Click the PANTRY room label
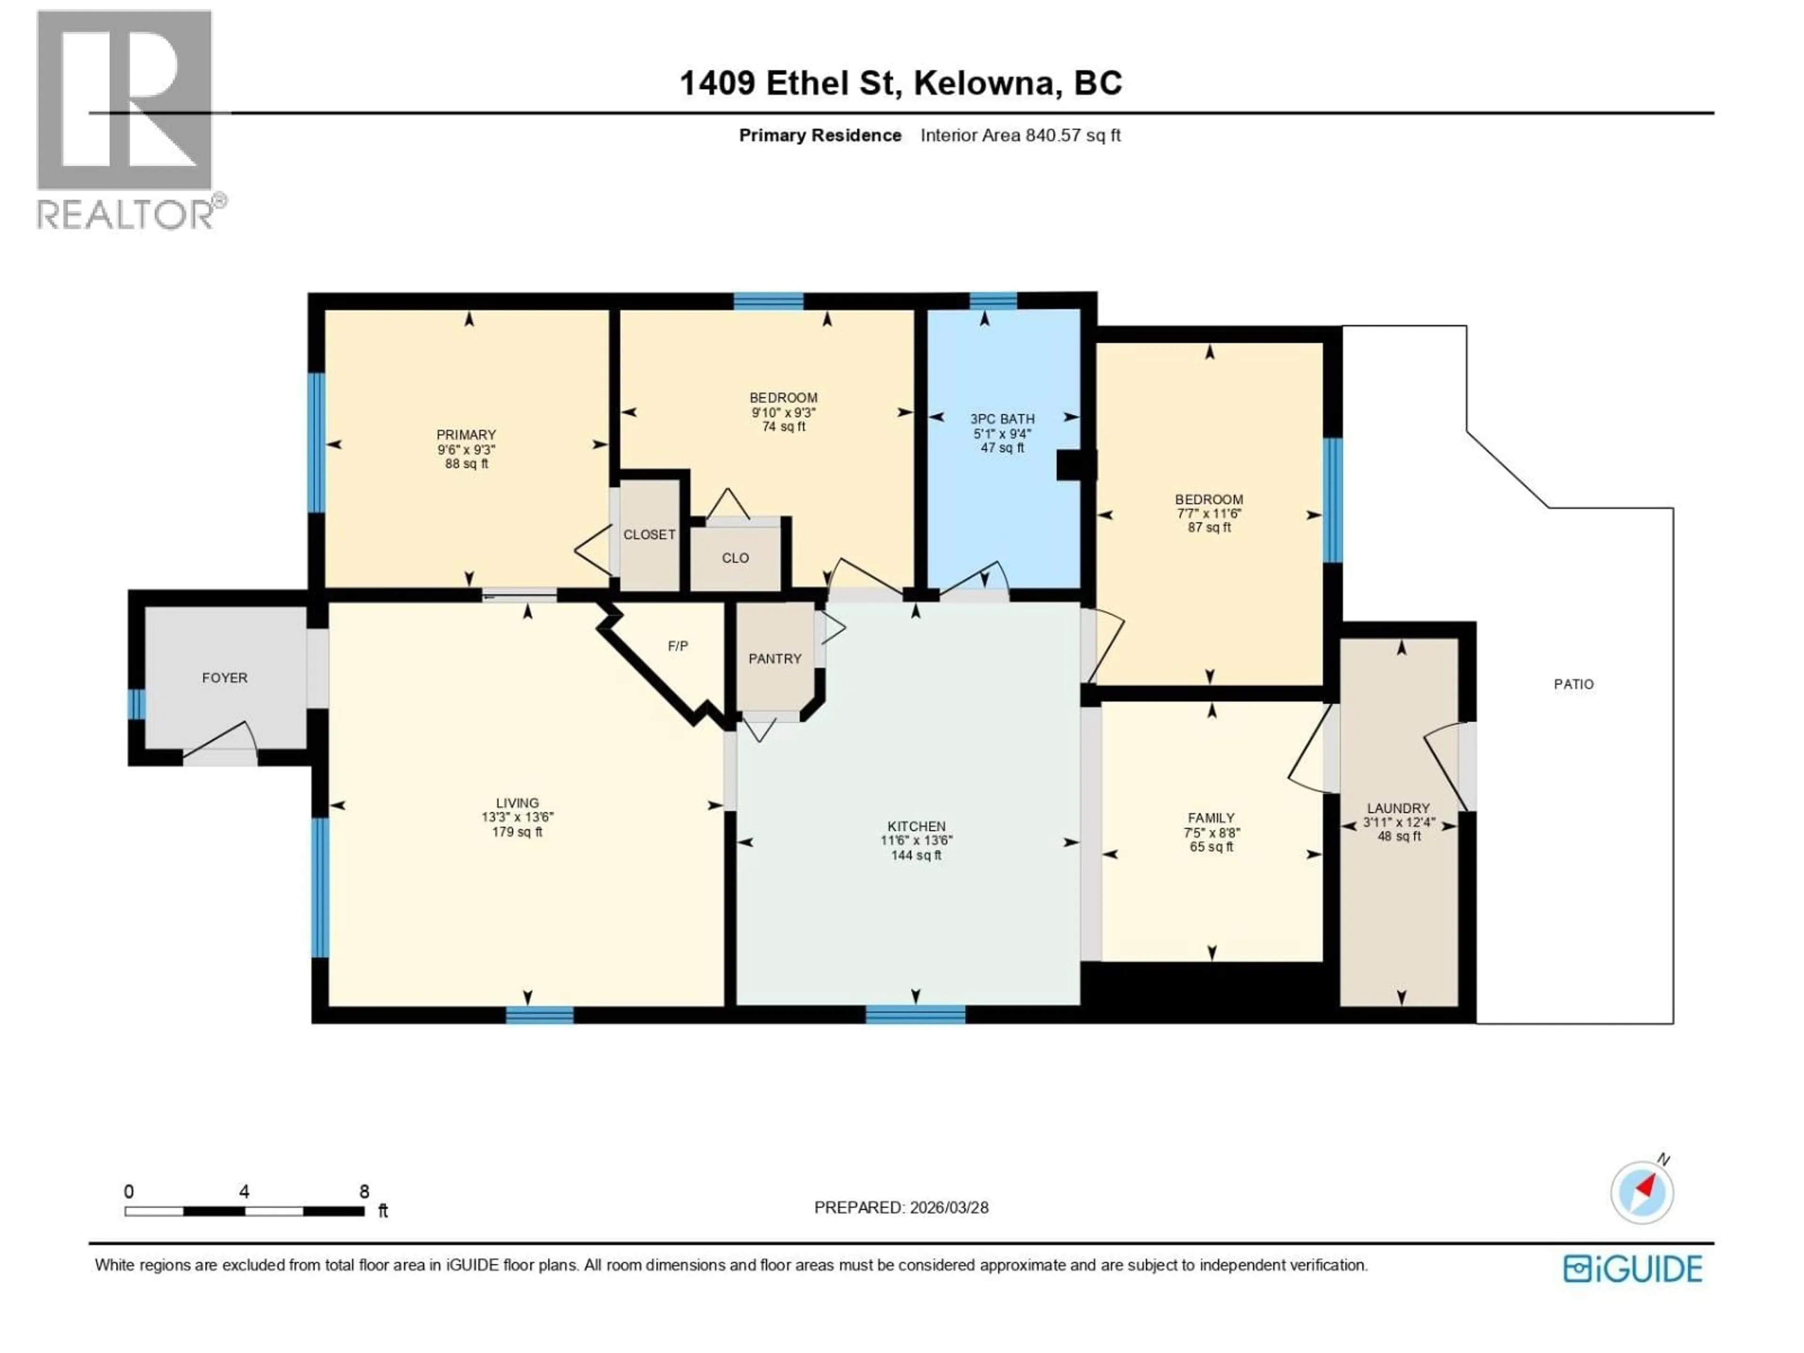point(775,659)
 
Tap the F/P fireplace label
point(678,646)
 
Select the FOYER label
point(224,678)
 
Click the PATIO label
point(1573,684)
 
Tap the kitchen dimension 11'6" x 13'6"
point(917,840)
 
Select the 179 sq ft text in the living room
point(517,832)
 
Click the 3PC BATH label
point(1003,419)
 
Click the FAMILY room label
point(1211,818)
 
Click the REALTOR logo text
point(126,215)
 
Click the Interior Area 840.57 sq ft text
point(1020,135)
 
